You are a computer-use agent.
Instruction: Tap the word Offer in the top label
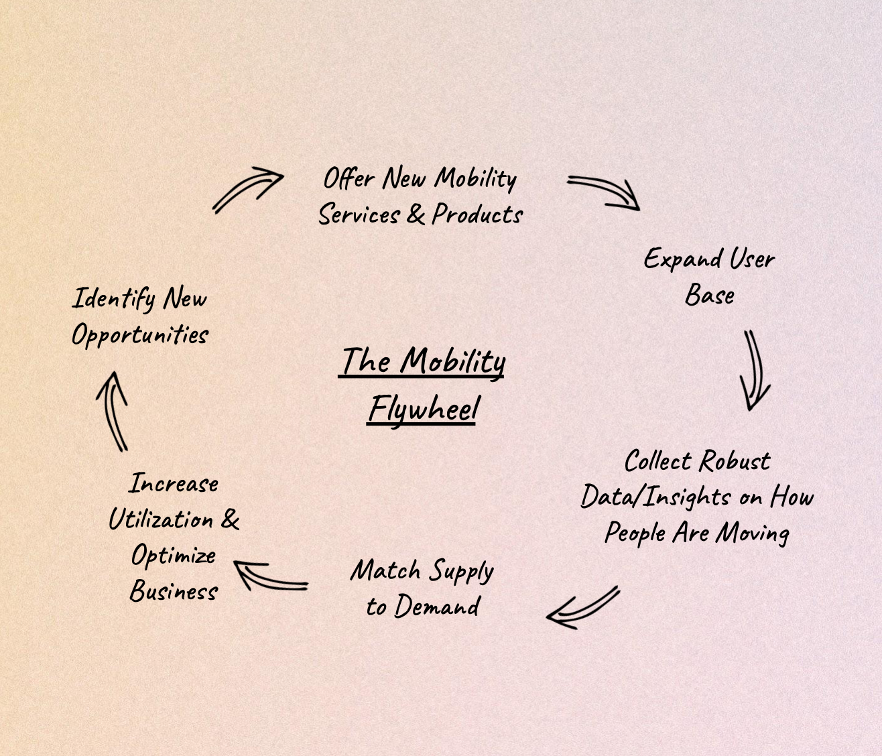[349, 178]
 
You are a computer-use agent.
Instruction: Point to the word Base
[710, 294]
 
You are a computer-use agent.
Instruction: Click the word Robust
[735, 461]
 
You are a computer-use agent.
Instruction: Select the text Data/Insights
[655, 498]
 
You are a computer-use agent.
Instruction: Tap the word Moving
[752, 534]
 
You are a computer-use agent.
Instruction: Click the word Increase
[173, 483]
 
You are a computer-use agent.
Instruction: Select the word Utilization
[161, 519]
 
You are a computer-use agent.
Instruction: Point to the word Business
[174, 591]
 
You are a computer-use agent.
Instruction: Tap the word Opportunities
[140, 336]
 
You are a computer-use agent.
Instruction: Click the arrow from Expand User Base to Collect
[755, 371]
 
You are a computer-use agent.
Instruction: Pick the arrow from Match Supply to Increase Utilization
[271, 577]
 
